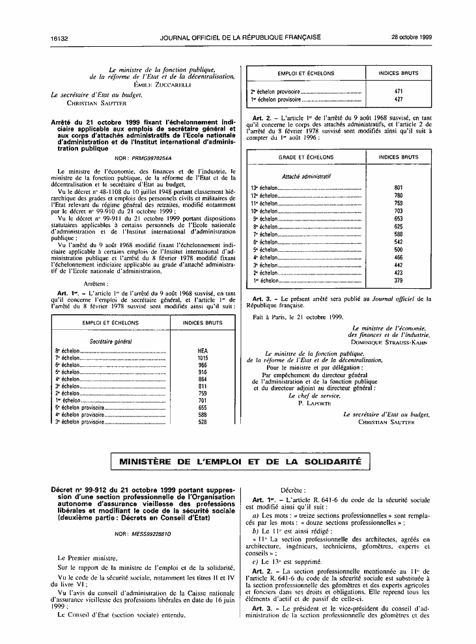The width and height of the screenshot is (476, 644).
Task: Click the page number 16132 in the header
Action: (59, 38)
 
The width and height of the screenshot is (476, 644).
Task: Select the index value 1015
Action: (202, 358)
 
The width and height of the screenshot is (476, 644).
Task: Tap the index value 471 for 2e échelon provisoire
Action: (399, 92)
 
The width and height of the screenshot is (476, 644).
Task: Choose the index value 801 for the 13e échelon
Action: (399, 188)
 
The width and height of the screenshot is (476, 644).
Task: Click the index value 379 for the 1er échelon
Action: (399, 281)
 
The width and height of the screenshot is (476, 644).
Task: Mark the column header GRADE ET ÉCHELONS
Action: (305, 158)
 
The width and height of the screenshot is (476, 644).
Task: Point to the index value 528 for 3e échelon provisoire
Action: (202, 422)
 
